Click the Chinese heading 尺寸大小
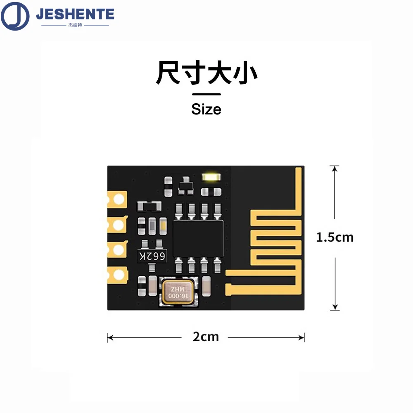click(206, 74)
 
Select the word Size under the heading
click(206, 109)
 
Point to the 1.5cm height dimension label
click(335, 237)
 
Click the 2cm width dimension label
click(206, 337)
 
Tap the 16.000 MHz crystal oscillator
click(178, 292)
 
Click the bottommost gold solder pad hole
click(119, 274)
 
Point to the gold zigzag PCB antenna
click(275, 240)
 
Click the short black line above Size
click(206, 95)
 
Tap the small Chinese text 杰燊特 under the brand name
click(75, 25)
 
